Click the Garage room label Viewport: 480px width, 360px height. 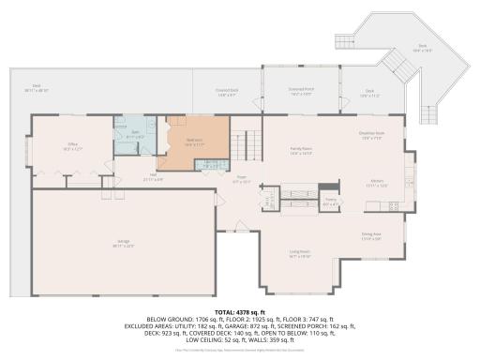pos(124,245)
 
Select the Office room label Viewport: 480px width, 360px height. pos(72,147)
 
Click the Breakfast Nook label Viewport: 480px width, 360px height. pos(372,136)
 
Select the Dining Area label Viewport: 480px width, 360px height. pos(372,236)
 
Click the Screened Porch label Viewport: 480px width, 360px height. pos(301,92)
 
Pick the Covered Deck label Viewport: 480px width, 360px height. pos(227,92)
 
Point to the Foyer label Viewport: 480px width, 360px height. pos(241,179)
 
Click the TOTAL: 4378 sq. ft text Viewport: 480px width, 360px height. pos(240,311)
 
